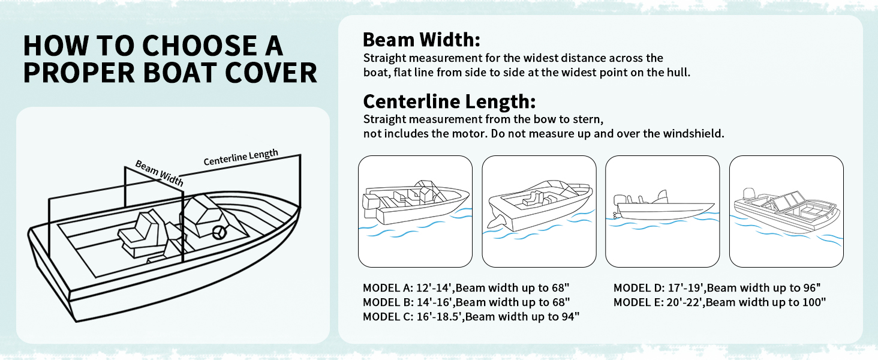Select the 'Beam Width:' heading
422,40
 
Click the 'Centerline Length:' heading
449,100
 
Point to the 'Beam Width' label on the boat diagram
159,173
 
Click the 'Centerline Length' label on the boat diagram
241,157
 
